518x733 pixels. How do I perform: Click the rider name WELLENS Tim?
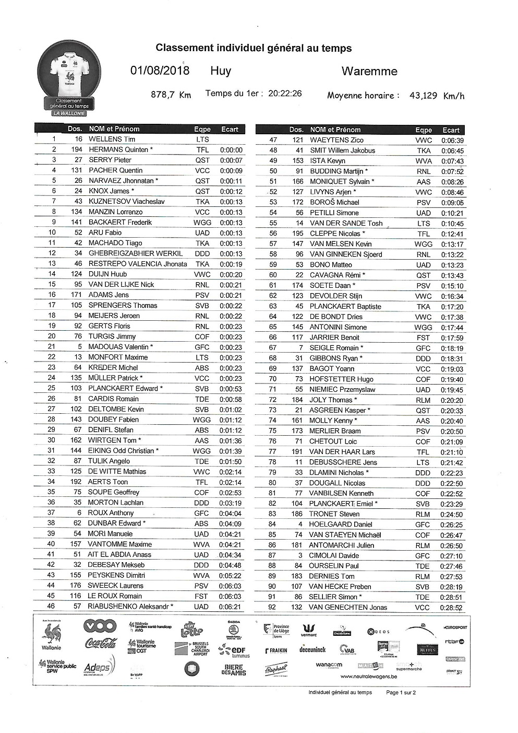(x=112, y=139)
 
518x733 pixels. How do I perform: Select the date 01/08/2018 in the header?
(x=160, y=71)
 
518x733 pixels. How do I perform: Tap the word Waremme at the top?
(x=369, y=71)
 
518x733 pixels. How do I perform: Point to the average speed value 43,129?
(x=423, y=95)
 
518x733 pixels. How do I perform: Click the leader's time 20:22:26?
(x=285, y=94)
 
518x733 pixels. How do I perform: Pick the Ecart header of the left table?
(x=230, y=129)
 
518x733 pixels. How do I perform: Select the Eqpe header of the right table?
(x=424, y=130)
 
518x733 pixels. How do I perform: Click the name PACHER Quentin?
(x=115, y=170)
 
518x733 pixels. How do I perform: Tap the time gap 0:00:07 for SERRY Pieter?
(x=231, y=160)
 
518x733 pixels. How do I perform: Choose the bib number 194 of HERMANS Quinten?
(x=77, y=149)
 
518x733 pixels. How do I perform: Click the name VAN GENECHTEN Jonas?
(x=348, y=607)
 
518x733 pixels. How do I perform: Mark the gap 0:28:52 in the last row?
(x=451, y=608)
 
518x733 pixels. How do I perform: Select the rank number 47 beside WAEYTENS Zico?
(x=273, y=140)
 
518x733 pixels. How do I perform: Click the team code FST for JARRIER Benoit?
(x=423, y=338)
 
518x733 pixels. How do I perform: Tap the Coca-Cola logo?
(x=100, y=643)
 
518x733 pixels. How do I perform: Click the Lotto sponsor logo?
(x=191, y=630)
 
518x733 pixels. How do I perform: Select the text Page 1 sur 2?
(x=401, y=692)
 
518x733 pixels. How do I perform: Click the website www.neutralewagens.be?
(x=368, y=676)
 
